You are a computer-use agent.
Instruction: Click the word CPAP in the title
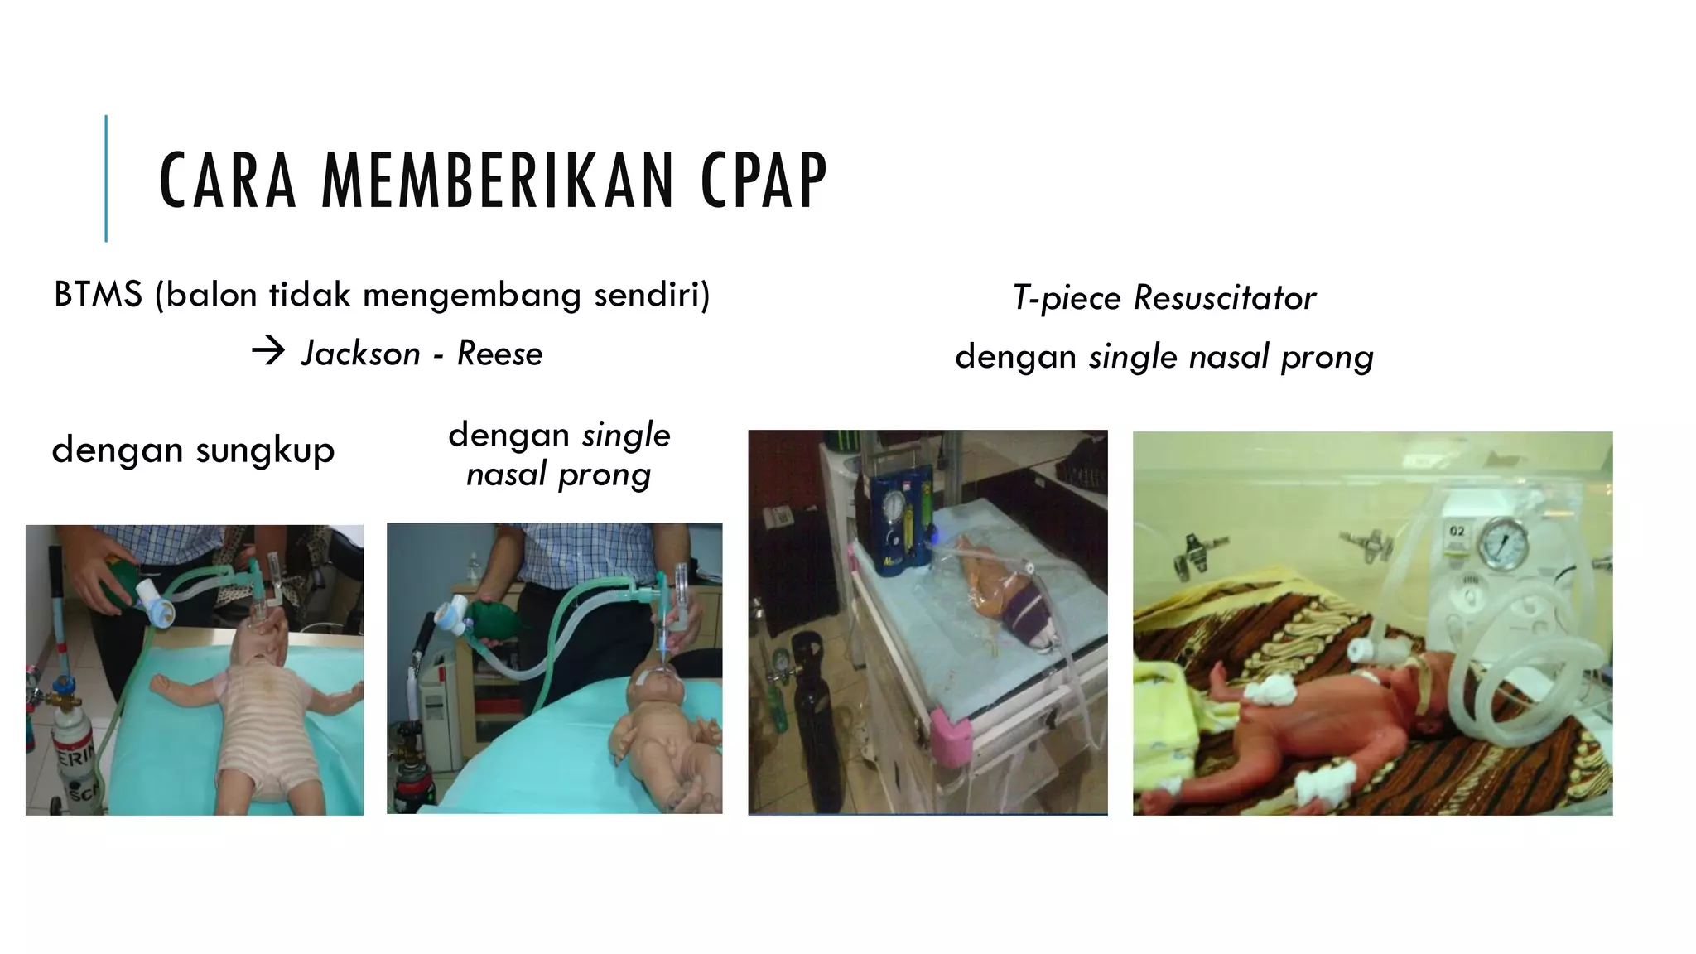764,181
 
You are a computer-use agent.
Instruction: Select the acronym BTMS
98,295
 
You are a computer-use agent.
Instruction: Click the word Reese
499,354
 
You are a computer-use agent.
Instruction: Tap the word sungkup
265,451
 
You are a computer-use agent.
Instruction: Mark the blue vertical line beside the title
106,178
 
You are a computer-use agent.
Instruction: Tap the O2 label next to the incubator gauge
1457,531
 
